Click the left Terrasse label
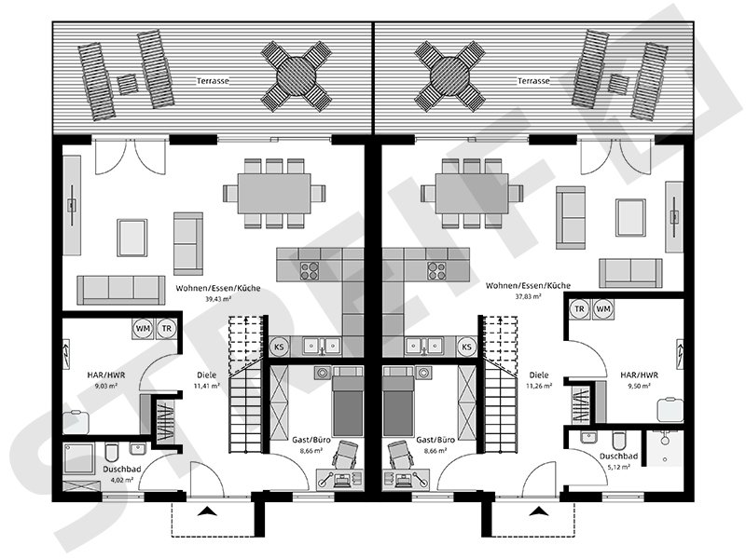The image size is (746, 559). click(x=214, y=81)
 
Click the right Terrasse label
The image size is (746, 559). click(x=532, y=81)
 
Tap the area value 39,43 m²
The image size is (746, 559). click(x=218, y=300)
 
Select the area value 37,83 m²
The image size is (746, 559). click(x=528, y=300)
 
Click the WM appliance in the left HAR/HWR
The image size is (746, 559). click(x=143, y=328)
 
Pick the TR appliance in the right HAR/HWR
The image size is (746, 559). click(x=579, y=309)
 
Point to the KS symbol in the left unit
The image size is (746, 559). click(x=279, y=347)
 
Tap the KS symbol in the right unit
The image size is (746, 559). click(x=467, y=347)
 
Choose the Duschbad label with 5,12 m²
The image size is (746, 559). click(x=618, y=457)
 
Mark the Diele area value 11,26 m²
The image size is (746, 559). click(x=540, y=385)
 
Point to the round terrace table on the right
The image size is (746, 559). click(x=450, y=76)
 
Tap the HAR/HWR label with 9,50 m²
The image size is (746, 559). click(x=641, y=382)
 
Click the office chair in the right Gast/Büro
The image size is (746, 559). click(x=399, y=454)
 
